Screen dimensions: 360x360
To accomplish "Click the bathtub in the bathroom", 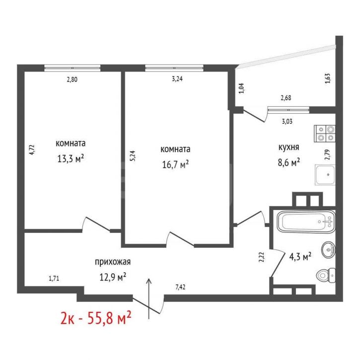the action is pyautogui.click(x=306, y=222).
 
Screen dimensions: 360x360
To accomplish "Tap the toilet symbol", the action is pyautogui.click(x=326, y=275).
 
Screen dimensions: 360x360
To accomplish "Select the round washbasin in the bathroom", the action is pyautogui.click(x=329, y=250).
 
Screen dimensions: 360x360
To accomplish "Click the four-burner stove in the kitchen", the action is pyautogui.click(x=325, y=134).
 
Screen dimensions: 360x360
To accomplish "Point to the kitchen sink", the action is pyautogui.click(x=325, y=175).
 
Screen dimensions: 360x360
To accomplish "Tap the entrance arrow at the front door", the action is pyautogui.click(x=149, y=299).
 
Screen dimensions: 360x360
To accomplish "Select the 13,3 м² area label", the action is pyautogui.click(x=71, y=158).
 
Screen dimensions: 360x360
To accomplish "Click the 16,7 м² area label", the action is pyautogui.click(x=175, y=164).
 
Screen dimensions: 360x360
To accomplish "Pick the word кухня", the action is pyautogui.click(x=289, y=147).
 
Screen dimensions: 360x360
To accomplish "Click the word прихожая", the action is pyautogui.click(x=113, y=262).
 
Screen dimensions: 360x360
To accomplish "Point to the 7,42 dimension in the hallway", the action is pyautogui.click(x=180, y=287).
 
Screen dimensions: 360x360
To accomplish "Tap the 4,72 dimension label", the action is pyautogui.click(x=32, y=149).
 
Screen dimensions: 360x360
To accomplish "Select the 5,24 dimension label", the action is pyautogui.click(x=133, y=155).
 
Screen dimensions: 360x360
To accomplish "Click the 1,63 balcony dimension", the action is pyautogui.click(x=328, y=78).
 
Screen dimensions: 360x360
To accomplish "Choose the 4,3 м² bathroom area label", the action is pyautogui.click(x=300, y=257).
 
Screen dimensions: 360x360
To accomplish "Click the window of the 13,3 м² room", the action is pyautogui.click(x=72, y=68).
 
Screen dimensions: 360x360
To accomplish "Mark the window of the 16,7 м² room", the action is pyautogui.click(x=174, y=68).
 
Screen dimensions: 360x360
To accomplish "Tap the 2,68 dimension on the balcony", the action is pyautogui.click(x=286, y=98).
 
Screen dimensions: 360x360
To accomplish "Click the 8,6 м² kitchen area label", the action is pyautogui.click(x=289, y=162).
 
